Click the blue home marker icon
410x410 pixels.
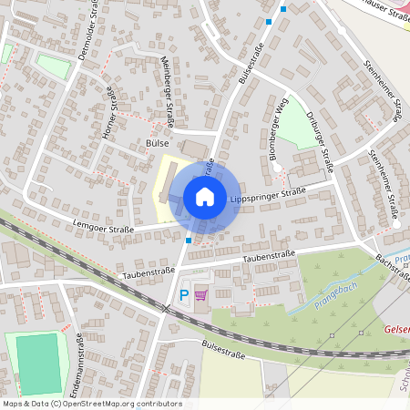pyautogui.click(x=205, y=197)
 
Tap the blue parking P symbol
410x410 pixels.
pyautogui.click(x=184, y=294)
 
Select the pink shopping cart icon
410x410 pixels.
pyautogui.click(x=200, y=294)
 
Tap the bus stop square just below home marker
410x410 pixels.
pyautogui.click(x=189, y=241)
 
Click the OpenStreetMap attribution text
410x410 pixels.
pyautogui.click(x=91, y=404)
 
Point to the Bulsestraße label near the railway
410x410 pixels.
pyautogui.click(x=227, y=347)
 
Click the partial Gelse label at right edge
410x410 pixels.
pyautogui.click(x=397, y=329)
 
